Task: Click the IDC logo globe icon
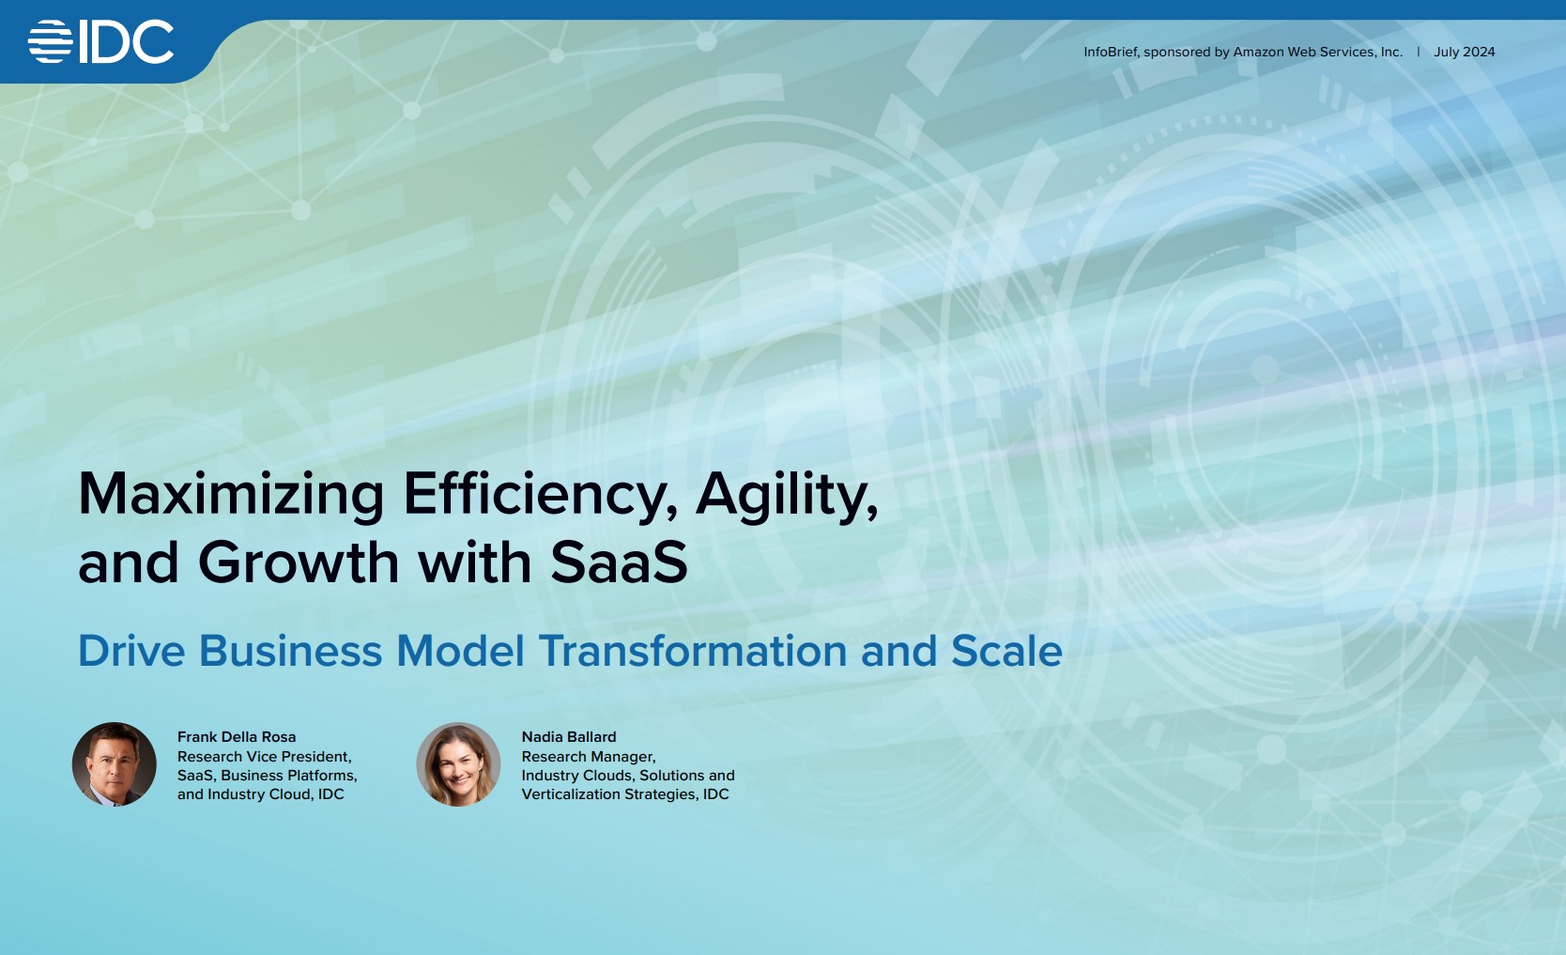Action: [51, 42]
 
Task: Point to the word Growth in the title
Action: [299, 562]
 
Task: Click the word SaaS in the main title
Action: [620, 562]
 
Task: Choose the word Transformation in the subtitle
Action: [692, 651]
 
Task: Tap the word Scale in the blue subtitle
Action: [1006, 651]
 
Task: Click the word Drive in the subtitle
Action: [131, 651]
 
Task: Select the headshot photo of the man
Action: [114, 764]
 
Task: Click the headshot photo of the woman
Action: [458, 764]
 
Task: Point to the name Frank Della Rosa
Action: [237, 737]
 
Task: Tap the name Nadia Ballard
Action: [569, 737]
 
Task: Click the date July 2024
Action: [1464, 52]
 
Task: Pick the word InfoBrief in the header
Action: [1111, 52]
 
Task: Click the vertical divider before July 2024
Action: [1419, 52]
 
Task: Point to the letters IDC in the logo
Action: [127, 42]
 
